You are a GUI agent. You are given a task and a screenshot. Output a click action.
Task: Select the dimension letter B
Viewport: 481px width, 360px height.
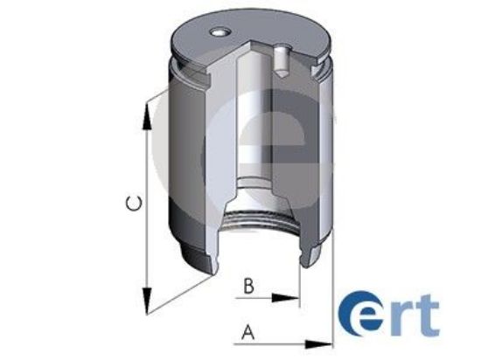248,285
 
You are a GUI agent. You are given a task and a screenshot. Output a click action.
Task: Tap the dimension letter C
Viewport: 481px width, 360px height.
131,204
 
